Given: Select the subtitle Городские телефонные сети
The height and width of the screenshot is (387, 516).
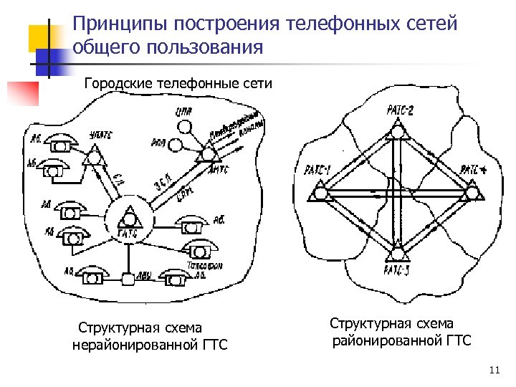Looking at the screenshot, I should coord(178,83).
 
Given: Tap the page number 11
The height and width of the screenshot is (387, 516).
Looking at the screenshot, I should coord(492,370).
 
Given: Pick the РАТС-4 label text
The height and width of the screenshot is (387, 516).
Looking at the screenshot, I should coord(474,170).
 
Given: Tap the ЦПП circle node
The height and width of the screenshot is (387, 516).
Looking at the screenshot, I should coord(185,127).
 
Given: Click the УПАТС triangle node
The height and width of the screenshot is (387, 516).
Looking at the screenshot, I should coord(93,156).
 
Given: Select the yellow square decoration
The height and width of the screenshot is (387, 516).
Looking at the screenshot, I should coord(43,35).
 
